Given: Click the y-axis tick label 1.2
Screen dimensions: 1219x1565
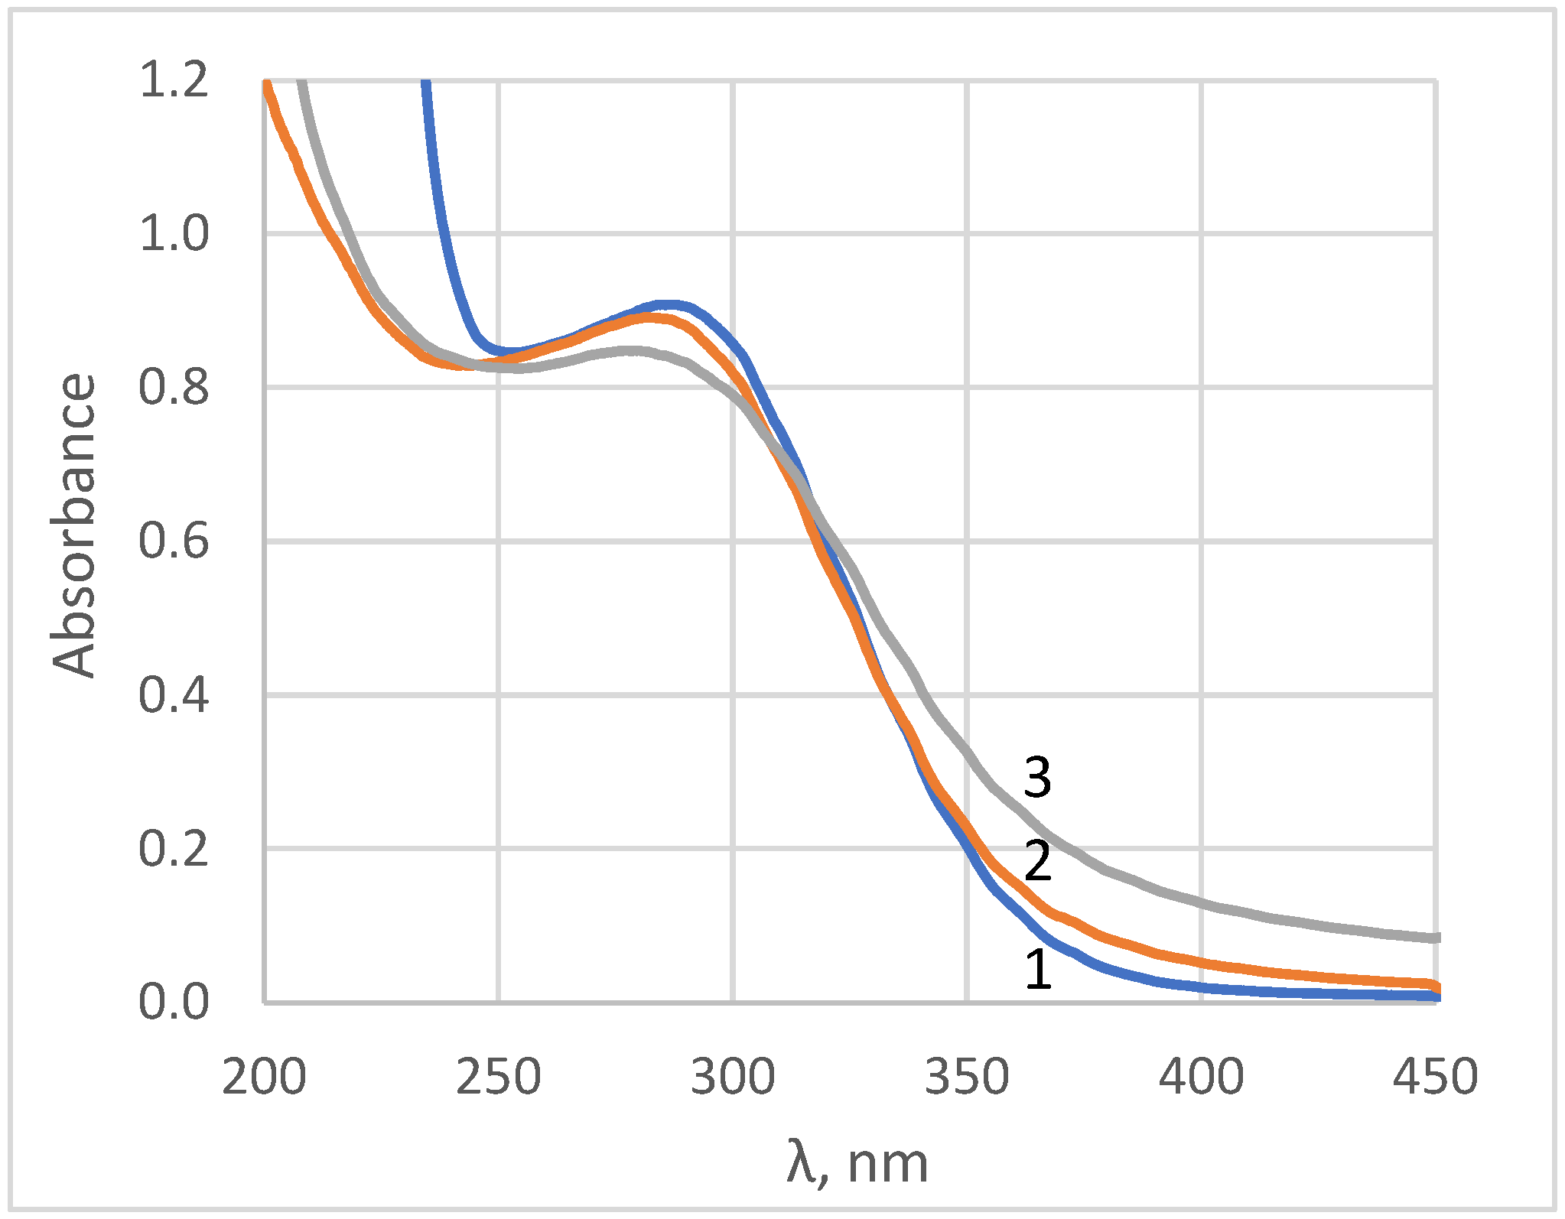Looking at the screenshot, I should click(x=174, y=80).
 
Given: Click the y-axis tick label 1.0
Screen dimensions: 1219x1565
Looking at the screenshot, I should click(x=174, y=234).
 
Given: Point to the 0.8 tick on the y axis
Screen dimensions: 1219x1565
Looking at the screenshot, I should click(x=174, y=388).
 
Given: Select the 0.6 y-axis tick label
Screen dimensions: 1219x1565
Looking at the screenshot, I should click(x=174, y=541).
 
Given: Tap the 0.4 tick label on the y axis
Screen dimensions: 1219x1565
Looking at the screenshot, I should click(x=174, y=695).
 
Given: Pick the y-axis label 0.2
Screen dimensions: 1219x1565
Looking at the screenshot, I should click(x=174, y=849).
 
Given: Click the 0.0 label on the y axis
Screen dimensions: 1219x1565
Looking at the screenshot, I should click(x=174, y=1002).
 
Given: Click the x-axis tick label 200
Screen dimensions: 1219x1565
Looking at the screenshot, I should click(x=264, y=1077).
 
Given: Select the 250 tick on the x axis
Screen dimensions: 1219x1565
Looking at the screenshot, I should click(x=499, y=1077).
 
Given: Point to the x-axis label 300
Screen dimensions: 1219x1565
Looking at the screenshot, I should click(x=733, y=1077).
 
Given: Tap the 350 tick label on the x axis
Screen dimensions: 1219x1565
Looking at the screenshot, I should click(x=968, y=1077).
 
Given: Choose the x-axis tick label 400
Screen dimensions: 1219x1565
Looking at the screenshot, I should click(x=1202, y=1077).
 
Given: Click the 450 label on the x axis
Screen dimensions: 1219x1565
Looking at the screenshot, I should click(x=1435, y=1077).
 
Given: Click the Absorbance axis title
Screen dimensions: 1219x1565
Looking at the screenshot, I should click(x=74, y=525).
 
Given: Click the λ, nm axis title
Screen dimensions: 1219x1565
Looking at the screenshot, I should click(x=857, y=1163).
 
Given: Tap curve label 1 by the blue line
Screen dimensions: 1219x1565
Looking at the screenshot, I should click(x=1038, y=970).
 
